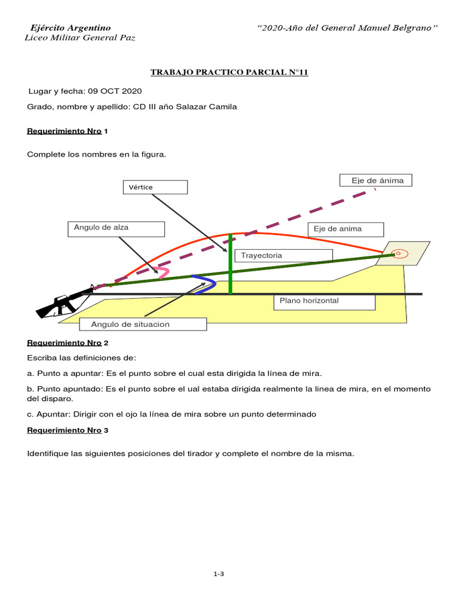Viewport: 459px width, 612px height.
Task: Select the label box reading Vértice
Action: pyautogui.click(x=155, y=187)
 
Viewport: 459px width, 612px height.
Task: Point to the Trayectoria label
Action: pyautogui.click(x=283, y=255)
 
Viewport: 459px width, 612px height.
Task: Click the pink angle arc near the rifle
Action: pyautogui.click(x=163, y=272)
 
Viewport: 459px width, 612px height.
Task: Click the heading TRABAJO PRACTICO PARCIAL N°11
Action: pyautogui.click(x=229, y=72)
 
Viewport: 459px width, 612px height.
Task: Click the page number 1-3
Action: pyautogui.click(x=218, y=574)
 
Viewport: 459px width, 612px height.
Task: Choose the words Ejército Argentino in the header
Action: pyautogui.click(x=71, y=28)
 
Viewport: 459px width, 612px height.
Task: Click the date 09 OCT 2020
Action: pyautogui.click(x=115, y=91)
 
